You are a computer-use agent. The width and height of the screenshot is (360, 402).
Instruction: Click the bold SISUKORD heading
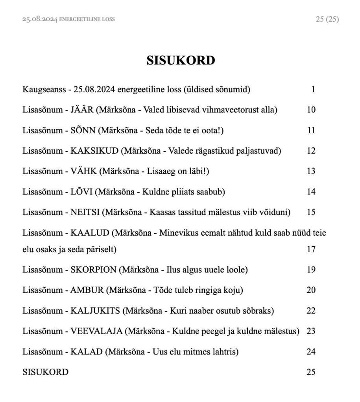pyautogui.click(x=181, y=61)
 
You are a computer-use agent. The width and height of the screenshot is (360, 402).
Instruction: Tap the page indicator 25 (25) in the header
pyautogui.click(x=327, y=19)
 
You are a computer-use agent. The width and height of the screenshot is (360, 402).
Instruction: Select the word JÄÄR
pyautogui.click(x=82, y=110)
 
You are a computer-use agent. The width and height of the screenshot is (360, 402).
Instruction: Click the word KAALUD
pyautogui.click(x=90, y=233)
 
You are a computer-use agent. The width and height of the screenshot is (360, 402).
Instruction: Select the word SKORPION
pyautogui.click(x=93, y=270)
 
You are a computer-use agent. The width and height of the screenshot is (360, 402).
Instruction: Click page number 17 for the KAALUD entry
pyautogui.click(x=311, y=249)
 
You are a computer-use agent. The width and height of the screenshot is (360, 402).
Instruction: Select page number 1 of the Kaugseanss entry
pyautogui.click(x=313, y=90)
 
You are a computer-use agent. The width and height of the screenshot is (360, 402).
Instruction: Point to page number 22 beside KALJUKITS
pyautogui.click(x=311, y=311)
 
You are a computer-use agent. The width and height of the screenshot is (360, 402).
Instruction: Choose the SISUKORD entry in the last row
pyautogui.click(x=45, y=372)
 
